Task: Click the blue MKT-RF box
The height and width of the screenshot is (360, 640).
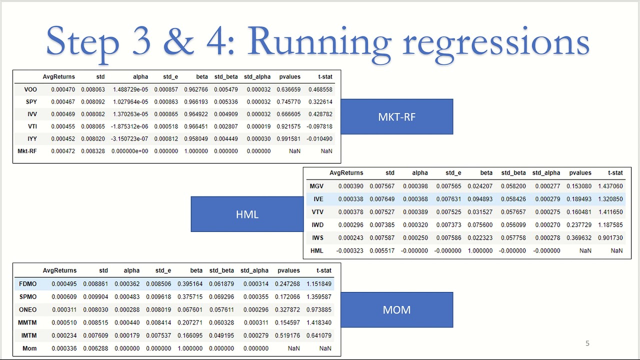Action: [x=397, y=116]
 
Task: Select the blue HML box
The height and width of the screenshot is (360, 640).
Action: [x=247, y=214]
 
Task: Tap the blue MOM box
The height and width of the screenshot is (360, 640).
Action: [x=397, y=309]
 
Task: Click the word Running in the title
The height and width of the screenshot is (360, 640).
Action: [x=319, y=41]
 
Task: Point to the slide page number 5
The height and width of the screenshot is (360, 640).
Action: [x=587, y=343]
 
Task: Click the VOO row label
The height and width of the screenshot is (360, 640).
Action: [x=30, y=89]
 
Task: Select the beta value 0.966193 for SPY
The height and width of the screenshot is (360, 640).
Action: [x=196, y=101]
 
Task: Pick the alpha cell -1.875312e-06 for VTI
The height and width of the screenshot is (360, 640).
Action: [x=129, y=126]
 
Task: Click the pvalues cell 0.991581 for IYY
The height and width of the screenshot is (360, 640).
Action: [x=288, y=138]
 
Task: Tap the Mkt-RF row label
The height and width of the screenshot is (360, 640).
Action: [x=27, y=151]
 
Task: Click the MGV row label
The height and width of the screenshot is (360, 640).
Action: [x=316, y=186]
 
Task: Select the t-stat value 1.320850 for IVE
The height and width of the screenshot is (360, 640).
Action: [x=610, y=199]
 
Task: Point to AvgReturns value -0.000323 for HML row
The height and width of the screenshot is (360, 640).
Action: [x=349, y=251]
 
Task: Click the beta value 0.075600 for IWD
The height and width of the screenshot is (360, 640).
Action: [x=480, y=225]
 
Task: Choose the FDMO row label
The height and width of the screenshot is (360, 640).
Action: [x=27, y=284]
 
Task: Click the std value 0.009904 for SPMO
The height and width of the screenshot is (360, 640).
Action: [x=95, y=297]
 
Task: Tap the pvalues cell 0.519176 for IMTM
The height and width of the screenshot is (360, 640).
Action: [x=287, y=335]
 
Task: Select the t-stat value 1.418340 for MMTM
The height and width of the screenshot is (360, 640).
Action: [x=319, y=322]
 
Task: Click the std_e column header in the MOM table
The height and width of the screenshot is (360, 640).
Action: [x=163, y=270]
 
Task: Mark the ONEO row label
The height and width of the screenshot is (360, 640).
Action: [x=27, y=309]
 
